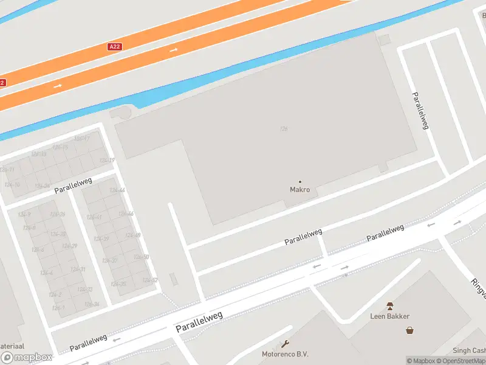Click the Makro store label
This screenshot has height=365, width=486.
tap(299, 189)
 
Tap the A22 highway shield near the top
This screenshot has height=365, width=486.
tap(115, 46)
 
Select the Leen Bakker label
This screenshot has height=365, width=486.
tap(389, 316)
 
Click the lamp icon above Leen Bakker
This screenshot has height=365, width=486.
tap(389, 306)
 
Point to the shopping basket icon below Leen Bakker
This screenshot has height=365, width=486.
tap(410, 330)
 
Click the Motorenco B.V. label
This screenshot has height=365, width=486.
tap(285, 354)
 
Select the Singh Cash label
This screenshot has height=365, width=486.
tap(470, 350)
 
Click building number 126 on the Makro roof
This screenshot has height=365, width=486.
tap(283, 128)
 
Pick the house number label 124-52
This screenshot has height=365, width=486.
tap(149, 280)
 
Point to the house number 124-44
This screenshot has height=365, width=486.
tap(117, 190)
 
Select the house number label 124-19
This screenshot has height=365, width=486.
tap(107, 160)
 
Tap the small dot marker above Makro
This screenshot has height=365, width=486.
tap(299, 181)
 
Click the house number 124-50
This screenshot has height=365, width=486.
tap(141, 257)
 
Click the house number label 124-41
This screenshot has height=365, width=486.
tap(94, 217)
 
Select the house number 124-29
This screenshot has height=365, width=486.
tap(69, 246)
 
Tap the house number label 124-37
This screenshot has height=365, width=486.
tap(109, 260)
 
